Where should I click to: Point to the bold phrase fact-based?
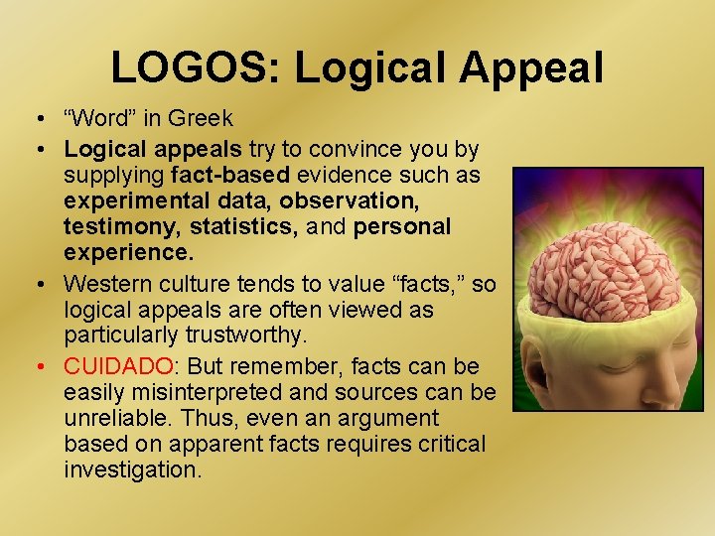[226, 176]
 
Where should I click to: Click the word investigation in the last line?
[132, 469]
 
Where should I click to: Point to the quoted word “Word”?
[97, 119]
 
